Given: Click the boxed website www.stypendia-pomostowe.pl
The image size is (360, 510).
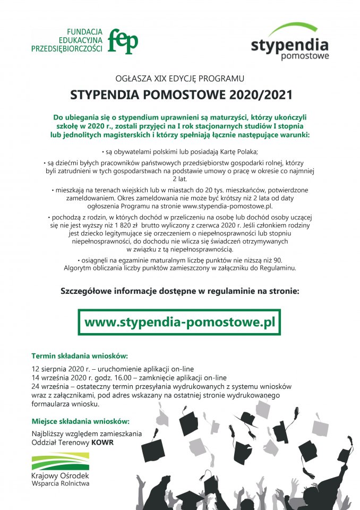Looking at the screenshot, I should pyautogui.click(x=179, y=322).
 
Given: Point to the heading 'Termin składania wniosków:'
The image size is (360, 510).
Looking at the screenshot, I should pyautogui.click(x=80, y=356).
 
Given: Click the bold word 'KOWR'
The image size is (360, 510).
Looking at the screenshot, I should pyautogui.click(x=102, y=442).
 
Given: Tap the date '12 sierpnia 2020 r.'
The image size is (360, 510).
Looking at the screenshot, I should pyautogui.click(x=61, y=368).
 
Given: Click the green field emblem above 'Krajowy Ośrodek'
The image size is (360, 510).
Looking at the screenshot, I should pyautogui.click(x=60, y=461).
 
